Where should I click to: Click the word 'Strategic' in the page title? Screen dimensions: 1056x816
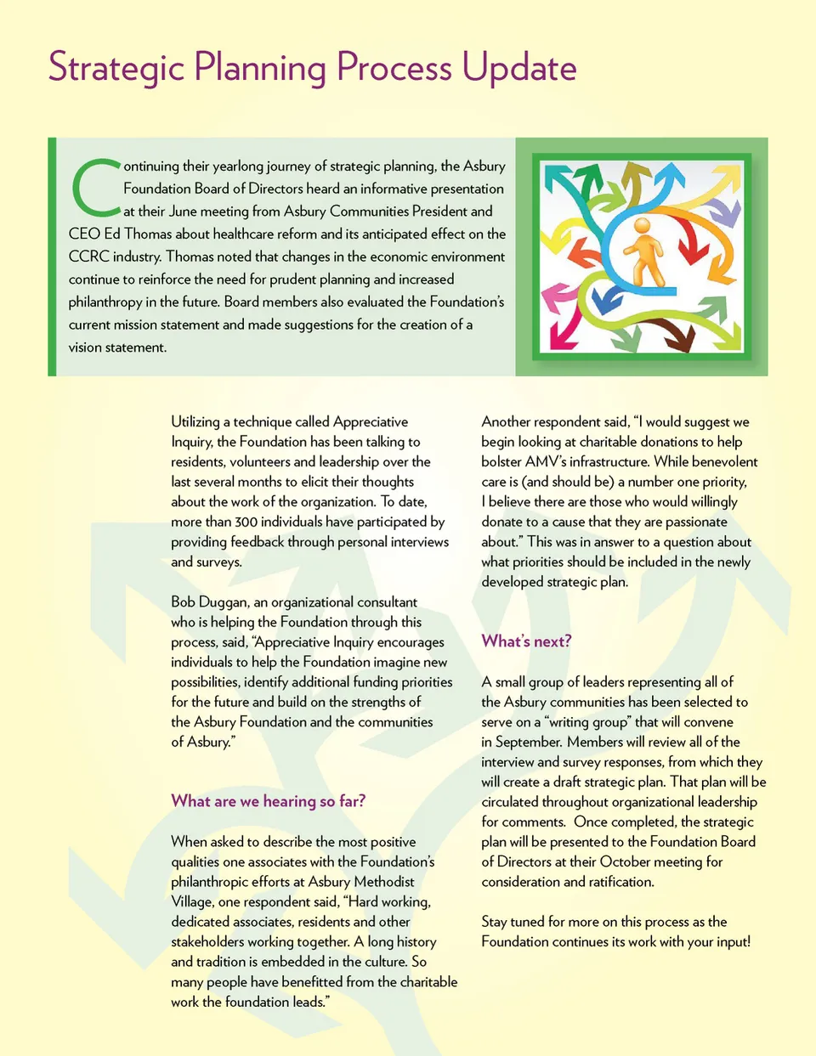point(116,68)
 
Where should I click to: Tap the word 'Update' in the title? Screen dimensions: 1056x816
point(519,68)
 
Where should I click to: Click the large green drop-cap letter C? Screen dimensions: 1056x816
point(94,187)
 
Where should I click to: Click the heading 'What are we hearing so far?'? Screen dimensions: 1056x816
point(268,801)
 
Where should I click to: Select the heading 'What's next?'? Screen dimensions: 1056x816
point(526,641)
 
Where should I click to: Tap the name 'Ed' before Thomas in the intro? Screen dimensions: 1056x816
point(111,234)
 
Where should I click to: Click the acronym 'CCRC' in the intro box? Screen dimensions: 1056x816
point(88,257)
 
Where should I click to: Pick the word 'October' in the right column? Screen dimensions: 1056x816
point(631,861)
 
